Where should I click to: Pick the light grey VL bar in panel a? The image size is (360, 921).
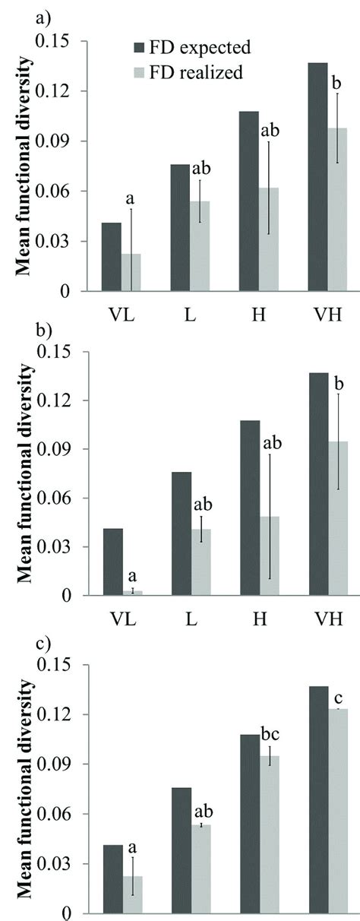(131, 272)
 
